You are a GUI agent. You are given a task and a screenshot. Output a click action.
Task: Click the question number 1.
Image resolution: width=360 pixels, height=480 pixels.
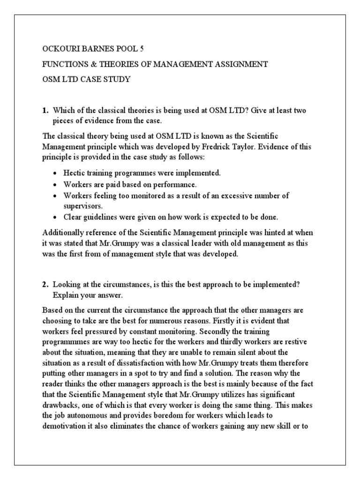coord(45,110)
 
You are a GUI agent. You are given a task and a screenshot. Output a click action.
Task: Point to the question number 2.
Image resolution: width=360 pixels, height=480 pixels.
coord(45,285)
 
